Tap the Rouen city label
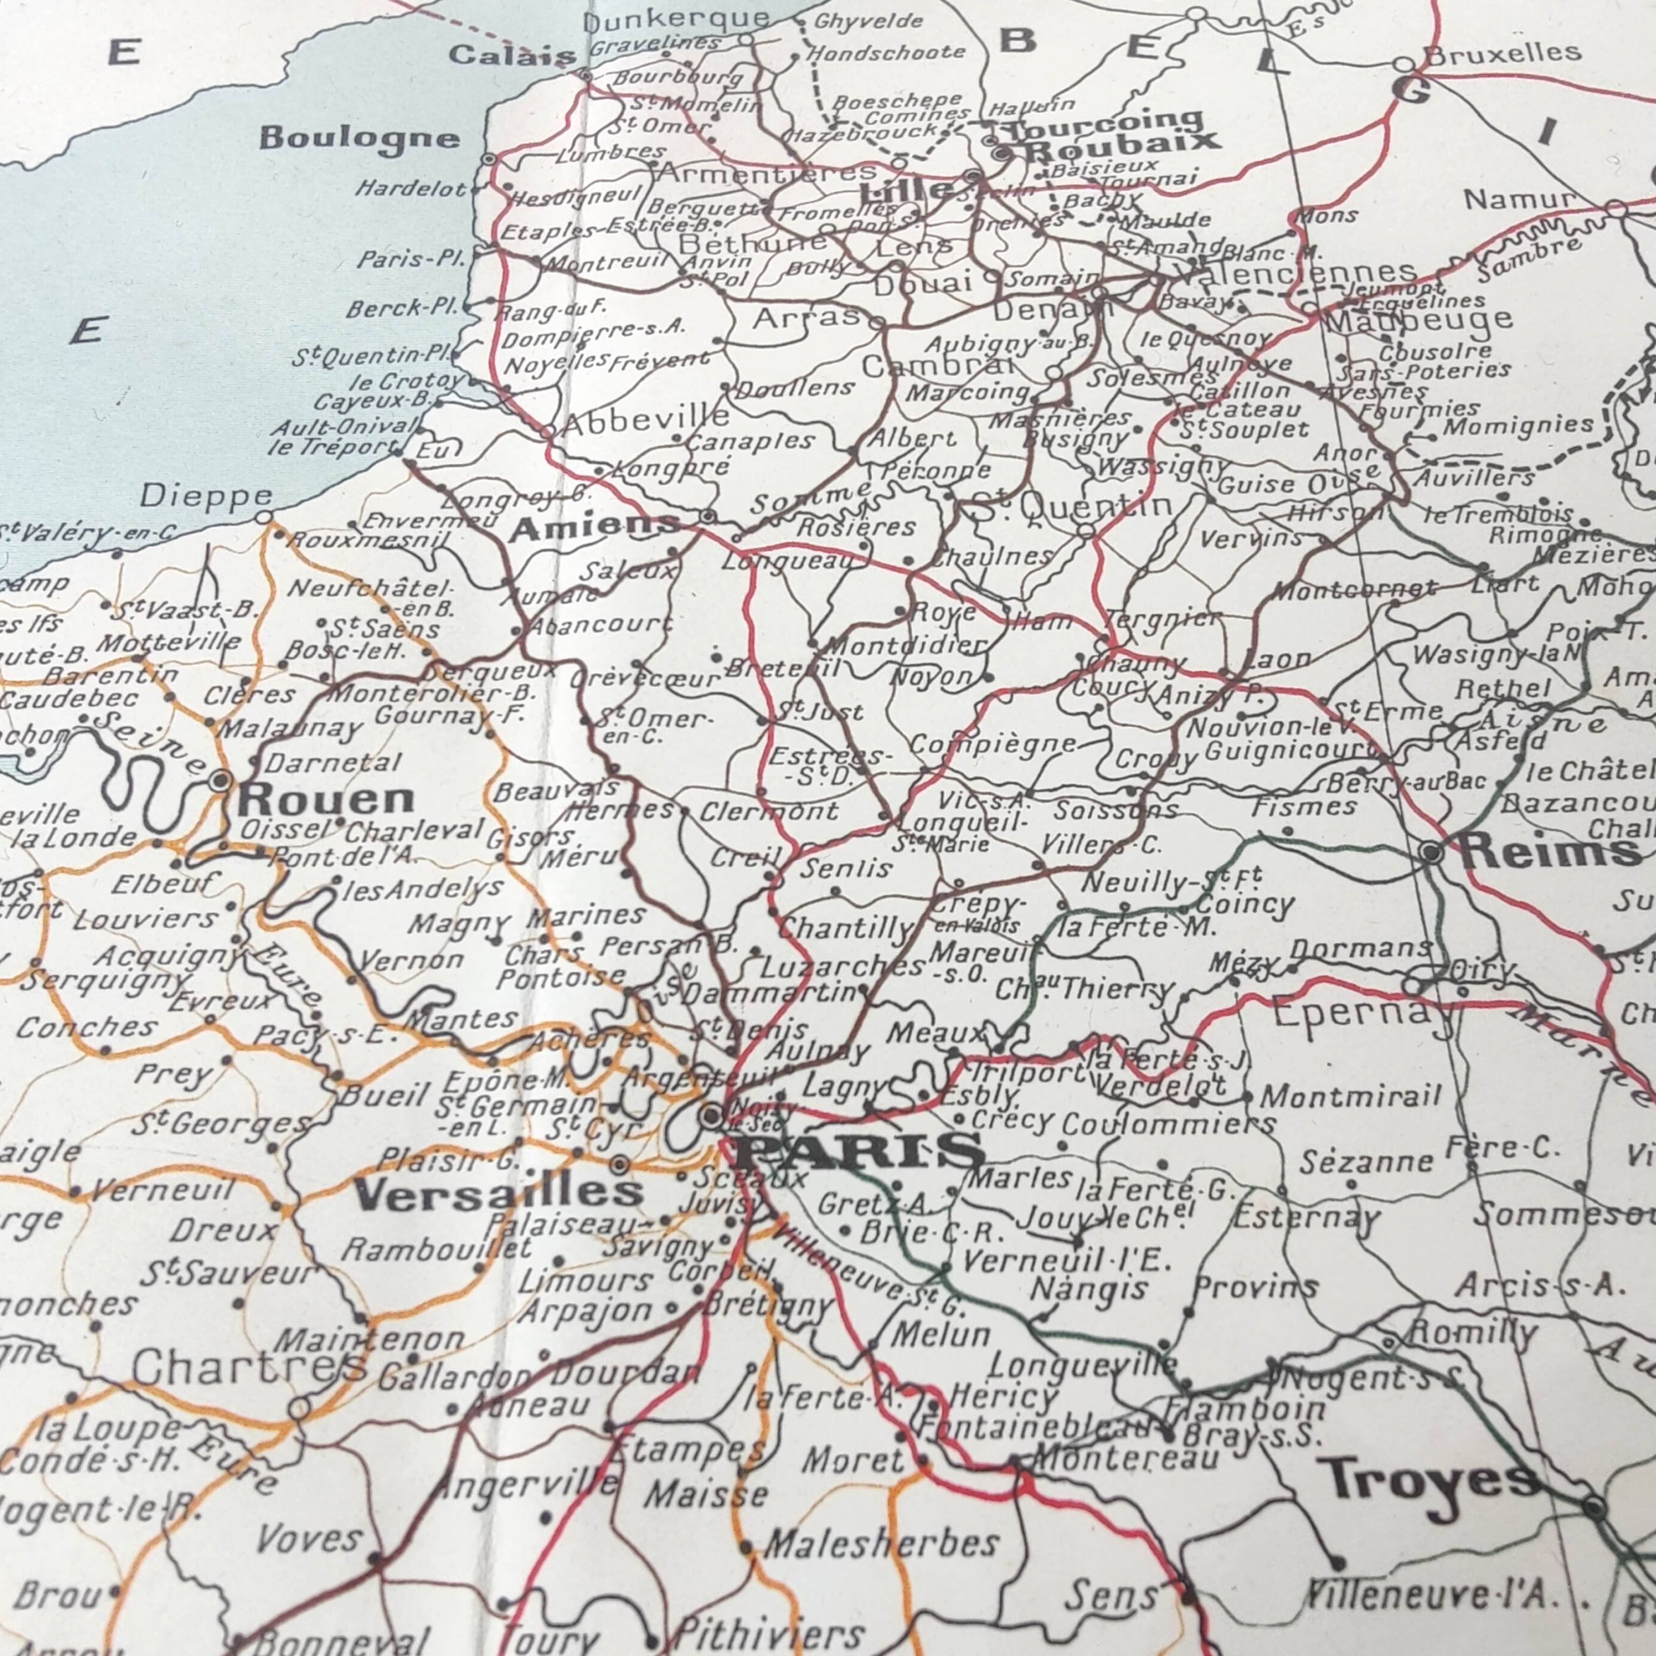coord(326,800)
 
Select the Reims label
coord(1550,851)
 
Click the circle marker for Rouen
coord(221,781)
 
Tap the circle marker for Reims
coord(1431,853)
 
